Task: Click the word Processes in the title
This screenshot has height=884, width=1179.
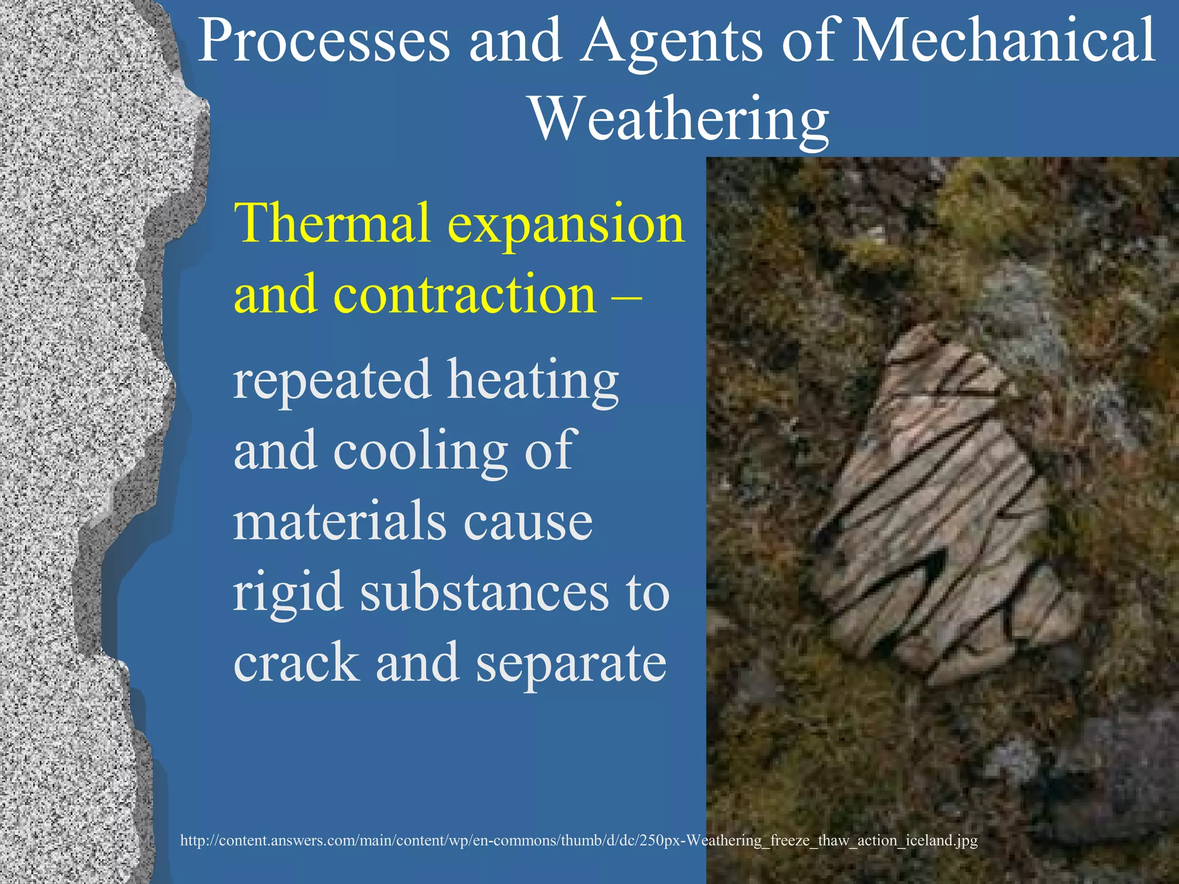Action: (324, 41)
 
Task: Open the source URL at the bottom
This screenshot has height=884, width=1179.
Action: (579, 840)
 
